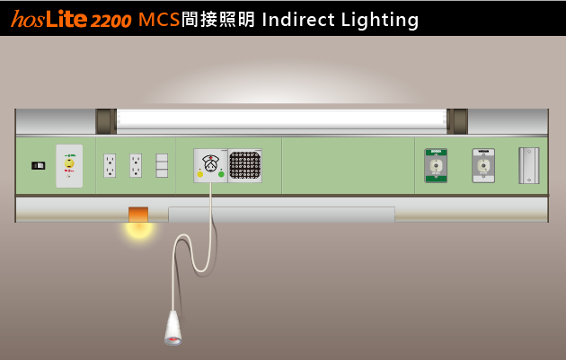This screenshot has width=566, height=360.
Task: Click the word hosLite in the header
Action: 49,20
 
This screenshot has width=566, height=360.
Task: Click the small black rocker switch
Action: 38,165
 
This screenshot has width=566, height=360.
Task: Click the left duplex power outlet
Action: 110,165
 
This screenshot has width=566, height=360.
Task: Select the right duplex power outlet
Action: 136,165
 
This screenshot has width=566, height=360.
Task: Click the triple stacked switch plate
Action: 162,165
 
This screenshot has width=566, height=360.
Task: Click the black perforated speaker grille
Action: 244,165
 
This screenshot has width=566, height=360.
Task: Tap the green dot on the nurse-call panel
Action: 221,173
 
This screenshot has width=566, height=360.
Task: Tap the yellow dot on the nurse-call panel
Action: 199,173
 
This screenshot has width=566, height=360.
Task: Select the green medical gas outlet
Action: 436,165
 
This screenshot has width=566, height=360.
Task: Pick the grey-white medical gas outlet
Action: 483,165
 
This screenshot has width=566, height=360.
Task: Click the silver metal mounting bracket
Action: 529,165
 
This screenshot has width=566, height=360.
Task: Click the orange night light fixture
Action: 138,215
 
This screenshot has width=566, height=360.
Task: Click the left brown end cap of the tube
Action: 105,121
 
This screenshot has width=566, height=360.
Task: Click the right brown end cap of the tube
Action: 457,121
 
